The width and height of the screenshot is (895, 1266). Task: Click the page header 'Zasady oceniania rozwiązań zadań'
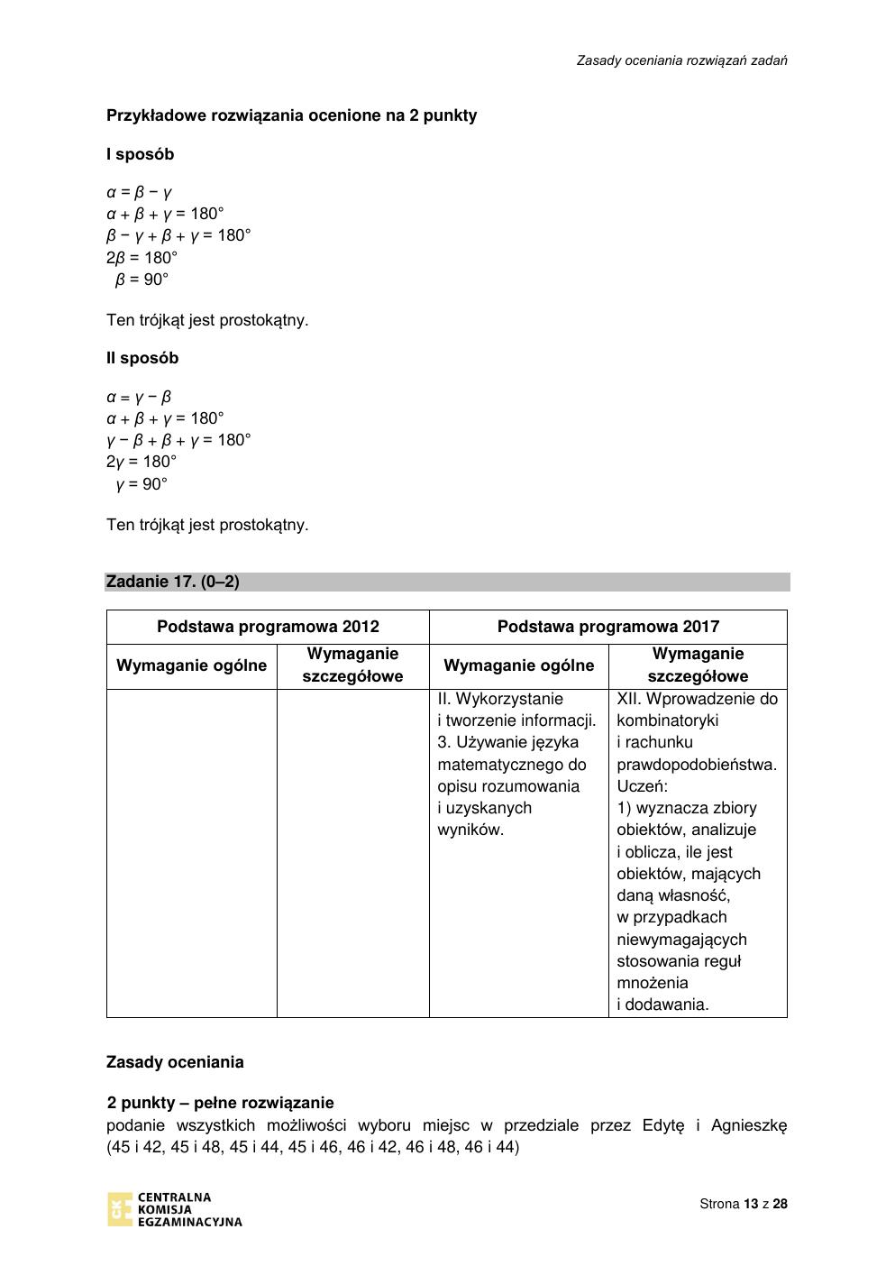[682, 60]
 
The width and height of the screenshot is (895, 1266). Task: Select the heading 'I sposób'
[140, 154]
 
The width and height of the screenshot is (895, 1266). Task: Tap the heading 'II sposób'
[142, 358]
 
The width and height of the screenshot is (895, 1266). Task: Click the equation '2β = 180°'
[142, 257]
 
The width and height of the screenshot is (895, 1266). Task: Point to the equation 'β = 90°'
[142, 280]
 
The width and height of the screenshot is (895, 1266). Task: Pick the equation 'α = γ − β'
[139, 397]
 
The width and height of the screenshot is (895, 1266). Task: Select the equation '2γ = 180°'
[142, 462]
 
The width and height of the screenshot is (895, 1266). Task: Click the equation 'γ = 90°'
[142, 484]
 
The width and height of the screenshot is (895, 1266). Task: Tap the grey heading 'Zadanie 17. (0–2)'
[173, 582]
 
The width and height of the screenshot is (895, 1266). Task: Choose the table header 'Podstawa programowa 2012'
[268, 627]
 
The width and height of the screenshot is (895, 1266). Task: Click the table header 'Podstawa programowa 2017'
[608, 627]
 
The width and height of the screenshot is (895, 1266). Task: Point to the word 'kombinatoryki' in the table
[668, 720]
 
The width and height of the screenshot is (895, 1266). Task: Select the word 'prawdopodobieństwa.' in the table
[697, 765]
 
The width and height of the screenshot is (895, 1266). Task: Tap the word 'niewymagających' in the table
[681, 940]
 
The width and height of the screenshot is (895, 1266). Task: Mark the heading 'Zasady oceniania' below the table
[175, 1062]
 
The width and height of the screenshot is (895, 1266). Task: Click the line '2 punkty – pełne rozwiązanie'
[221, 1103]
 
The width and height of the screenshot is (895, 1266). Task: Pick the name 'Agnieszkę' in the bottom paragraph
[748, 1125]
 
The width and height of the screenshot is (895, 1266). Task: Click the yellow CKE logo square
[119, 1210]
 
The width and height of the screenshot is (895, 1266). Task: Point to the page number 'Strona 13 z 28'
[744, 1204]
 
